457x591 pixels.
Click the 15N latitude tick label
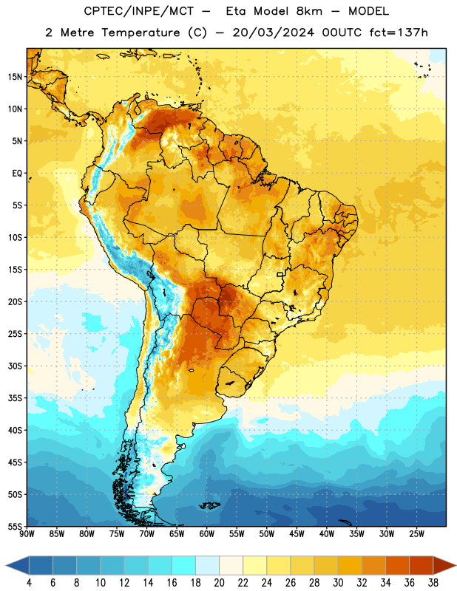(15, 77)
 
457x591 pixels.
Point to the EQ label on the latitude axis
(17, 174)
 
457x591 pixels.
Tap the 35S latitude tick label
(15, 398)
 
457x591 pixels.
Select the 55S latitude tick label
(15, 527)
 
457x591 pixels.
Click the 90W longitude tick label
(27, 534)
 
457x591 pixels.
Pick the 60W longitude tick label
(207, 534)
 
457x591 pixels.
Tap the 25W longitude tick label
(416, 534)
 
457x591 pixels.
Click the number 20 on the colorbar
(219, 583)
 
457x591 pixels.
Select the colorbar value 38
(433, 583)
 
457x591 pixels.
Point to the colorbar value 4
(29, 583)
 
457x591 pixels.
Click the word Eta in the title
(236, 11)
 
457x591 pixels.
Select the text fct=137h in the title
(399, 33)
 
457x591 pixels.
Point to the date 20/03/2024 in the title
(274, 33)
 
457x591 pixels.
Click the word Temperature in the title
(141, 33)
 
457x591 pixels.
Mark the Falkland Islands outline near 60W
(210, 505)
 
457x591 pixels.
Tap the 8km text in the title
(309, 11)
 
